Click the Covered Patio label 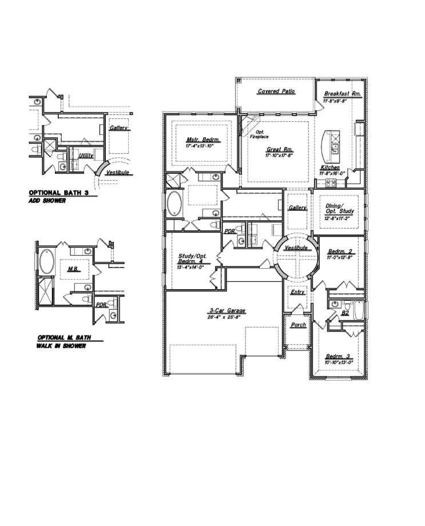(276, 91)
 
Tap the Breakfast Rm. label (341, 94)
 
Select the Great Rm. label (279, 149)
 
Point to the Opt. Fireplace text (259, 134)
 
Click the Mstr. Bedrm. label (199, 140)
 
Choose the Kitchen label (330, 168)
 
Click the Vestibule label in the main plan (296, 248)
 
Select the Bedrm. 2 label (339, 252)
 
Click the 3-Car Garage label (223, 312)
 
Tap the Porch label (298, 325)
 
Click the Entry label (297, 292)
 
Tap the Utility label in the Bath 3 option (86, 155)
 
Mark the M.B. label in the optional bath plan (72, 269)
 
